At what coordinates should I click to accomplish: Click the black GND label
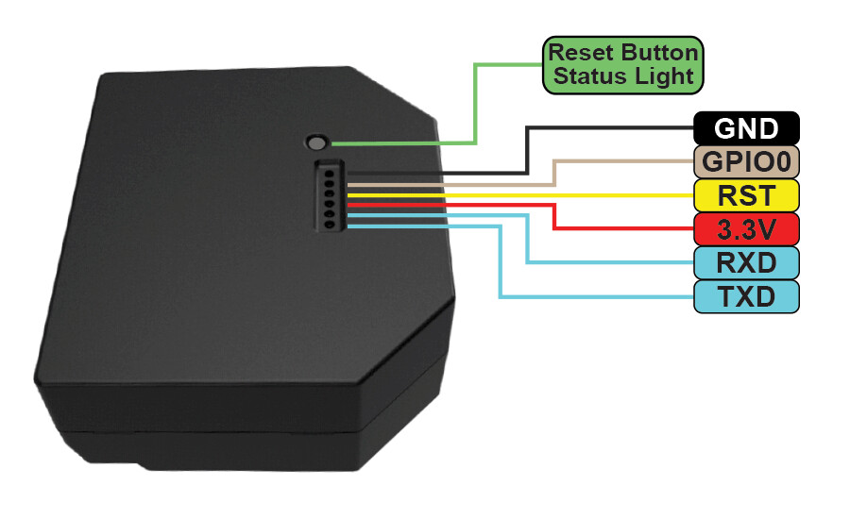click(x=746, y=128)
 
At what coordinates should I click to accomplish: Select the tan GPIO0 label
click(x=746, y=161)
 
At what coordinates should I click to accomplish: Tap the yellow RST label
click(x=746, y=195)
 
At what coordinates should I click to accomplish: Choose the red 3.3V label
click(x=746, y=228)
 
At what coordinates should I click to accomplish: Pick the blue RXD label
click(x=746, y=262)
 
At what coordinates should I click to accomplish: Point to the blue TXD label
click(x=746, y=296)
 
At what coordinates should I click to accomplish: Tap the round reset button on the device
click(x=317, y=143)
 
